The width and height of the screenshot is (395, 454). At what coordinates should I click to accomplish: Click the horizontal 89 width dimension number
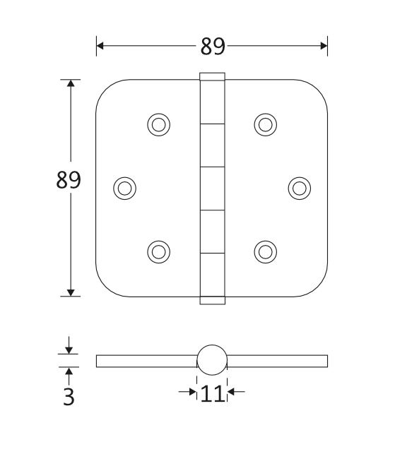point(212,46)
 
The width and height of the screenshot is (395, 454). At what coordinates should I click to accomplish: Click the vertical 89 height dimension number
point(69,181)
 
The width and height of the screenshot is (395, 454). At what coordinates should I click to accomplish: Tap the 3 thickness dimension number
point(69,396)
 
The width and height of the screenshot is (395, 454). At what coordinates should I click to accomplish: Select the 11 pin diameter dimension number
point(212,393)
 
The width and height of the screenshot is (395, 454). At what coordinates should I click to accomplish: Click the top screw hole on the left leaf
point(159,124)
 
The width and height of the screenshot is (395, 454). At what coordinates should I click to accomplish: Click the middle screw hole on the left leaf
point(124,187)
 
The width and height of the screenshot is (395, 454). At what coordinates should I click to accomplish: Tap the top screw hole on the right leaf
point(264,124)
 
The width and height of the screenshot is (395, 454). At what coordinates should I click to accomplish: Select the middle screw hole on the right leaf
point(300,187)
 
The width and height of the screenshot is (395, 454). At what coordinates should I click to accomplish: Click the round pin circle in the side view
point(212,360)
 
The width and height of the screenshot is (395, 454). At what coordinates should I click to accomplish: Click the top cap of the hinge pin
point(212,76)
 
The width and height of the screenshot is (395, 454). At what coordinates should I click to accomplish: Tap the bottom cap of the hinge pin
point(212,299)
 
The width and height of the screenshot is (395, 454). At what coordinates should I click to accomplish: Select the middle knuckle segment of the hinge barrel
point(212,188)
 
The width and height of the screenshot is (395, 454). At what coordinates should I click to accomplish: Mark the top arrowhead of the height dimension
point(70,83)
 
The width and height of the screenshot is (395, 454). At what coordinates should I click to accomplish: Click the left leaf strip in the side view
point(145,362)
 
